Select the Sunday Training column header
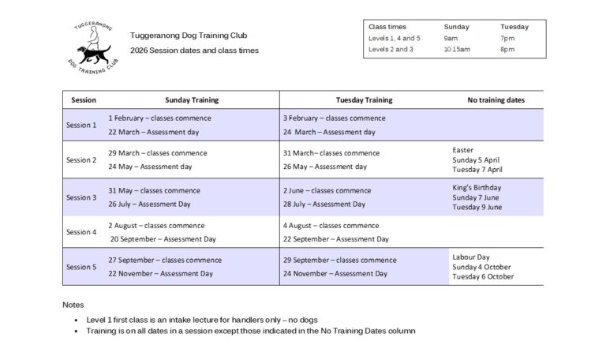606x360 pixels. tap(192, 100)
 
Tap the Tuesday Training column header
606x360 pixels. tap(364, 100)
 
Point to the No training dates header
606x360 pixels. tap(495, 100)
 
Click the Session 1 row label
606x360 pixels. tap(81, 125)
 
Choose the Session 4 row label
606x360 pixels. tap(81, 232)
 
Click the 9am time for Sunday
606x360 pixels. tap(451, 38)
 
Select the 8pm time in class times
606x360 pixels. tap(507, 49)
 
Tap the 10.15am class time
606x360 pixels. tap(457, 49)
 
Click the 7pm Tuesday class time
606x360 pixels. tap(507, 38)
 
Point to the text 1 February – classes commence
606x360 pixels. tap(159, 118)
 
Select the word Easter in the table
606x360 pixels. tap(463, 150)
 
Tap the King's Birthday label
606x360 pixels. tap(477, 188)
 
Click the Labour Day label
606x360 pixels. tap(471, 257)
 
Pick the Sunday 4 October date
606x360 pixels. tap(481, 267)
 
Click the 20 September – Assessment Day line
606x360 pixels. tap(163, 238)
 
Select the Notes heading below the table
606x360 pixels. tap(73, 305)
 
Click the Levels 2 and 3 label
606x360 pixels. tap(391, 49)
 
